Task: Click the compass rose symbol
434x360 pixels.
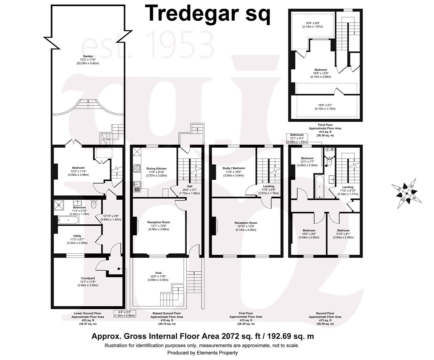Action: pyautogui.click(x=407, y=193)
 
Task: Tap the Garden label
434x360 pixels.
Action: pyautogui.click(x=88, y=56)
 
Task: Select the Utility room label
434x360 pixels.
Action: pyautogui.click(x=77, y=236)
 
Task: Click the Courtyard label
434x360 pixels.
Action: pyautogui.click(x=88, y=278)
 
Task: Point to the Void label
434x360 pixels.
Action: pyautogui.click(x=158, y=273)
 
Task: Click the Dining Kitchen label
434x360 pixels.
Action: pyautogui.click(x=156, y=168)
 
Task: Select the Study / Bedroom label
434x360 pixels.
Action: pyautogui.click(x=234, y=168)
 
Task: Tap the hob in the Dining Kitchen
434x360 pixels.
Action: pyautogui.click(x=137, y=168)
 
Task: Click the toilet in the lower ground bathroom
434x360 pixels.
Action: pyautogui.click(x=94, y=204)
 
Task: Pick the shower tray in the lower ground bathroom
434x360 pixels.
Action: pyautogui.click(x=59, y=205)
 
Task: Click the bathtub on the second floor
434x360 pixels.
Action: pyautogui.click(x=319, y=186)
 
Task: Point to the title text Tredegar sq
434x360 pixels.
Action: pyautogui.click(x=207, y=14)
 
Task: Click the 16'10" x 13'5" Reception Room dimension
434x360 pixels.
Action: pyautogui.click(x=246, y=226)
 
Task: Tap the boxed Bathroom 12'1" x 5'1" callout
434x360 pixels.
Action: pyautogui.click(x=297, y=139)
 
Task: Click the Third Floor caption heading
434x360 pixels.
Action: pyautogui.click(x=325, y=125)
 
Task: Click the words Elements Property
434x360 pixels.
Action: pyautogui.click(x=217, y=353)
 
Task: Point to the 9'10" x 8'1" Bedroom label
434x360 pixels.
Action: pyautogui.click(x=343, y=234)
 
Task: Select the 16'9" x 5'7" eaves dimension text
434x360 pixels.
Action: pyautogui.click(x=325, y=105)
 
